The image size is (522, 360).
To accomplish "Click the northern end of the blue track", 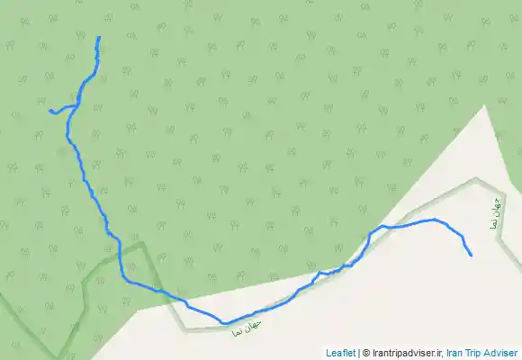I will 98,37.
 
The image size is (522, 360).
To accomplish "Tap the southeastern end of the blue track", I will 471,255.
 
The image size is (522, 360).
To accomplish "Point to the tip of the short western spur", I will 49,111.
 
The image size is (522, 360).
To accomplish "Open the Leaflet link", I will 340,353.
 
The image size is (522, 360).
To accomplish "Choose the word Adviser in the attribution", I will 502,353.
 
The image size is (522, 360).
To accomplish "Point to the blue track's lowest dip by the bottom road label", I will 224,322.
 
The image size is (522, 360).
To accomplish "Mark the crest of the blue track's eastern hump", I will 436,219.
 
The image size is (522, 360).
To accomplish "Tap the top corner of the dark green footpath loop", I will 139,243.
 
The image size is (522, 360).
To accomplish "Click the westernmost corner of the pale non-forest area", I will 138,310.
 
